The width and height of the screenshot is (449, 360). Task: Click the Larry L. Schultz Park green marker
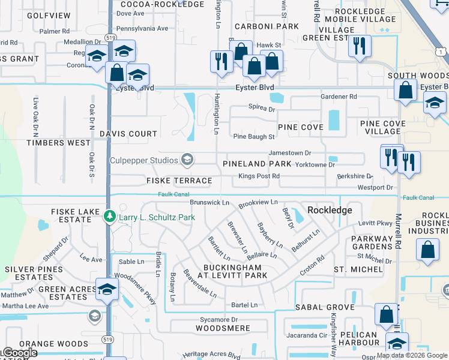[109, 216]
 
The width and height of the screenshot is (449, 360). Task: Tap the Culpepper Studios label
[144, 160]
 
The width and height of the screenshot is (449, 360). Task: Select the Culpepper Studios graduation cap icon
[187, 159]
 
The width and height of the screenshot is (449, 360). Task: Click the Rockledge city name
[330, 210]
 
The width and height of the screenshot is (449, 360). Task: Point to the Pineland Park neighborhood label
[257, 164]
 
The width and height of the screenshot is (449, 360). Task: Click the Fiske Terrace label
[179, 181]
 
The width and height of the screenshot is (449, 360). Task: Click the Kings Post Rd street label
[259, 176]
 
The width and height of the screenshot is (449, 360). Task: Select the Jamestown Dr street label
[289, 153]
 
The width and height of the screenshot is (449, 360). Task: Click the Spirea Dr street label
[262, 109]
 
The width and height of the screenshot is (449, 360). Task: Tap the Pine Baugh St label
[254, 137]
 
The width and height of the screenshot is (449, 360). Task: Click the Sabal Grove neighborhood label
[325, 307]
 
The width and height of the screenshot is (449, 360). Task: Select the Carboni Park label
[258, 26]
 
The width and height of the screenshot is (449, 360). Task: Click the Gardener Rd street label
[339, 96]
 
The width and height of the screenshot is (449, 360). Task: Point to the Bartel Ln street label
[244, 305]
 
